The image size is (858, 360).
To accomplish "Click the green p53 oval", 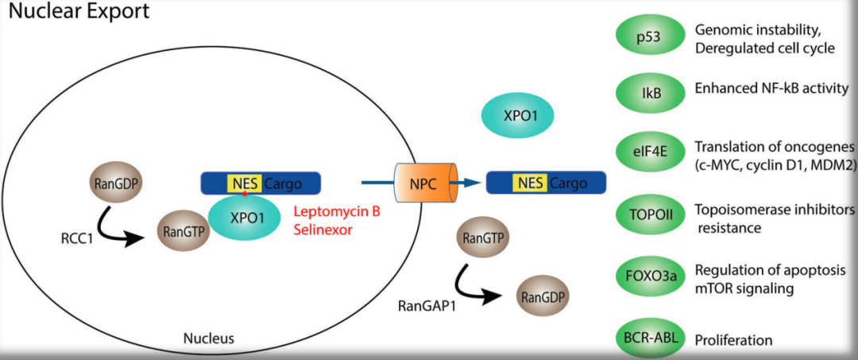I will [x=651, y=36].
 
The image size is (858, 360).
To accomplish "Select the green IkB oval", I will [x=651, y=93].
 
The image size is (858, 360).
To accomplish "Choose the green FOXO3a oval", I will [x=651, y=276].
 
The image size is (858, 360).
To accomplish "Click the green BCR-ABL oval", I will [x=651, y=339].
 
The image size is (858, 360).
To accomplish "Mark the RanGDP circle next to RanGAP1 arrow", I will [x=543, y=296].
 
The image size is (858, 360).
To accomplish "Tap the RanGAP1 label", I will [x=426, y=304].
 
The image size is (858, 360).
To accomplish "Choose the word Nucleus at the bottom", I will [x=208, y=339].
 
